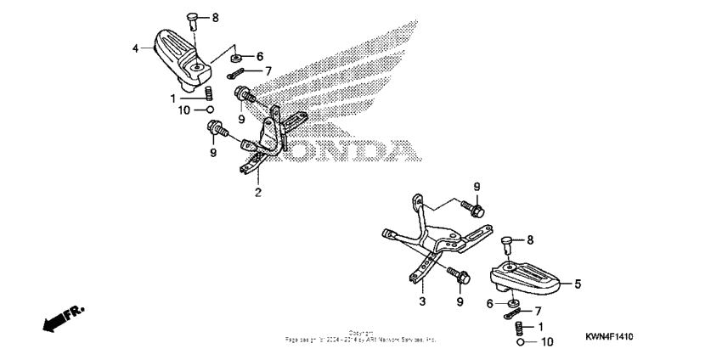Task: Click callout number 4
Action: coord(135,49)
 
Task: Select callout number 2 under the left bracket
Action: coord(258,192)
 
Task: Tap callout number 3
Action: coord(421,301)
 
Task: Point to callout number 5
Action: coord(578,284)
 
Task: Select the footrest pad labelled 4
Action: coord(181,54)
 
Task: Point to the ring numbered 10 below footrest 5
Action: coord(520,342)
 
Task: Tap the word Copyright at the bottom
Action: coord(361,334)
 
